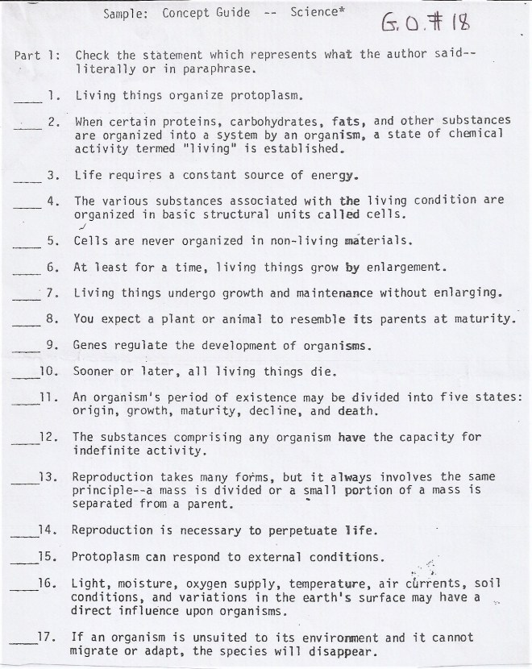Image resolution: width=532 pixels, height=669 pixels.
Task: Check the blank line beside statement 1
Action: pos(26,101)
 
